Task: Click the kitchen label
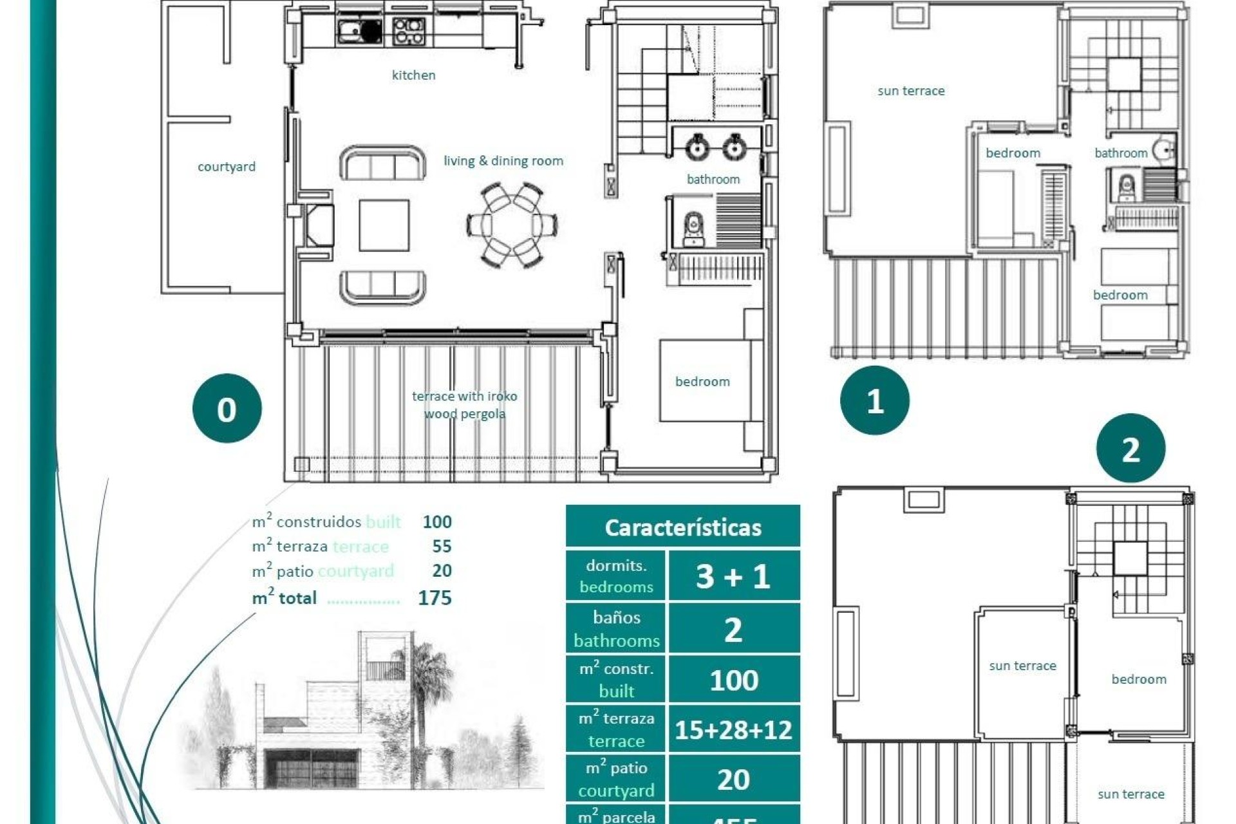tap(413, 75)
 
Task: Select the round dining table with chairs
tap(512, 225)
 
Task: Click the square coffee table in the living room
tap(384, 225)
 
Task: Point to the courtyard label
tap(226, 167)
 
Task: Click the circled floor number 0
tap(227, 409)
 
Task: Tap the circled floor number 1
tap(874, 400)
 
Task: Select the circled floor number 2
tap(1130, 449)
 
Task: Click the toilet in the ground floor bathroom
tap(693, 229)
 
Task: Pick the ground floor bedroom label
tap(702, 382)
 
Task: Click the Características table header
tap(682, 527)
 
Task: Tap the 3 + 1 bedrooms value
tap(733, 576)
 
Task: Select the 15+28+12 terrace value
tap(733, 730)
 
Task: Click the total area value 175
tap(435, 598)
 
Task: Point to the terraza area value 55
tap(441, 547)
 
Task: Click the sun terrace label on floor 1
tap(910, 91)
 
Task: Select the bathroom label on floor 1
tap(1120, 153)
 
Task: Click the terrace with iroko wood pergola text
tap(464, 405)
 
